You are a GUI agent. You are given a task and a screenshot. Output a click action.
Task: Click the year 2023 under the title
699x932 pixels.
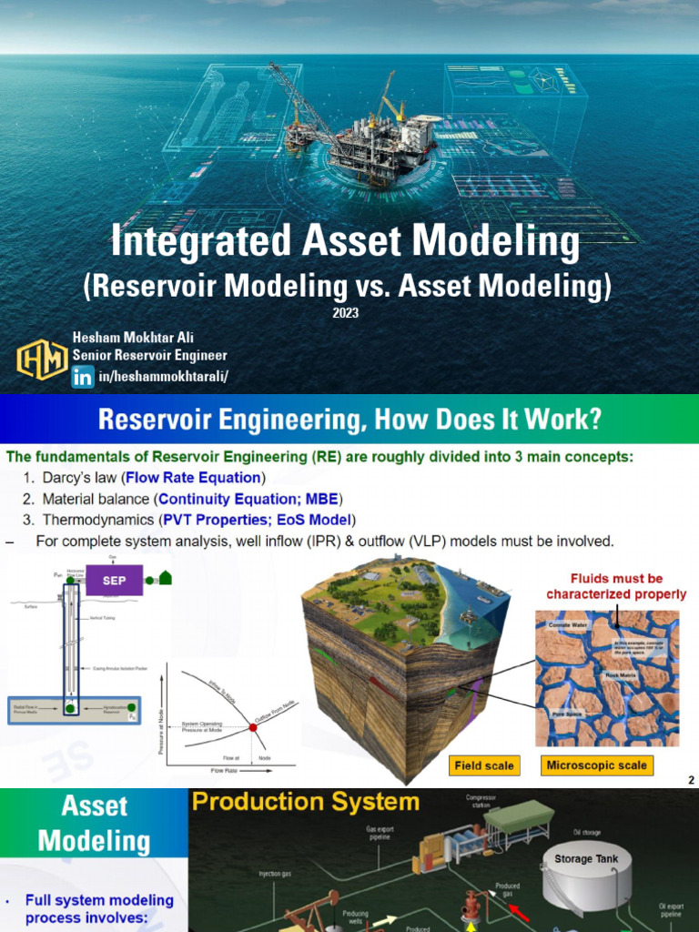[346, 312]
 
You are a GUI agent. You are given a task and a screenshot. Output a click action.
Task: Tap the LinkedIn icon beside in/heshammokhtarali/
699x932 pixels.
[83, 376]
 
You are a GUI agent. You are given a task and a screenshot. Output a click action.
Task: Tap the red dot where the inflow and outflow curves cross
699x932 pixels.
[252, 727]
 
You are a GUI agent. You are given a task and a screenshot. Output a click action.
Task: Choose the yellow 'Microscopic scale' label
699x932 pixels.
[596, 765]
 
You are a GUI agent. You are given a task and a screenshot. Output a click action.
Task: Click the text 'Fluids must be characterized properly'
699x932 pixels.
[616, 586]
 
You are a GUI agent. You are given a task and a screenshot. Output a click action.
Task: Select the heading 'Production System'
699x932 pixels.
[305, 802]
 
